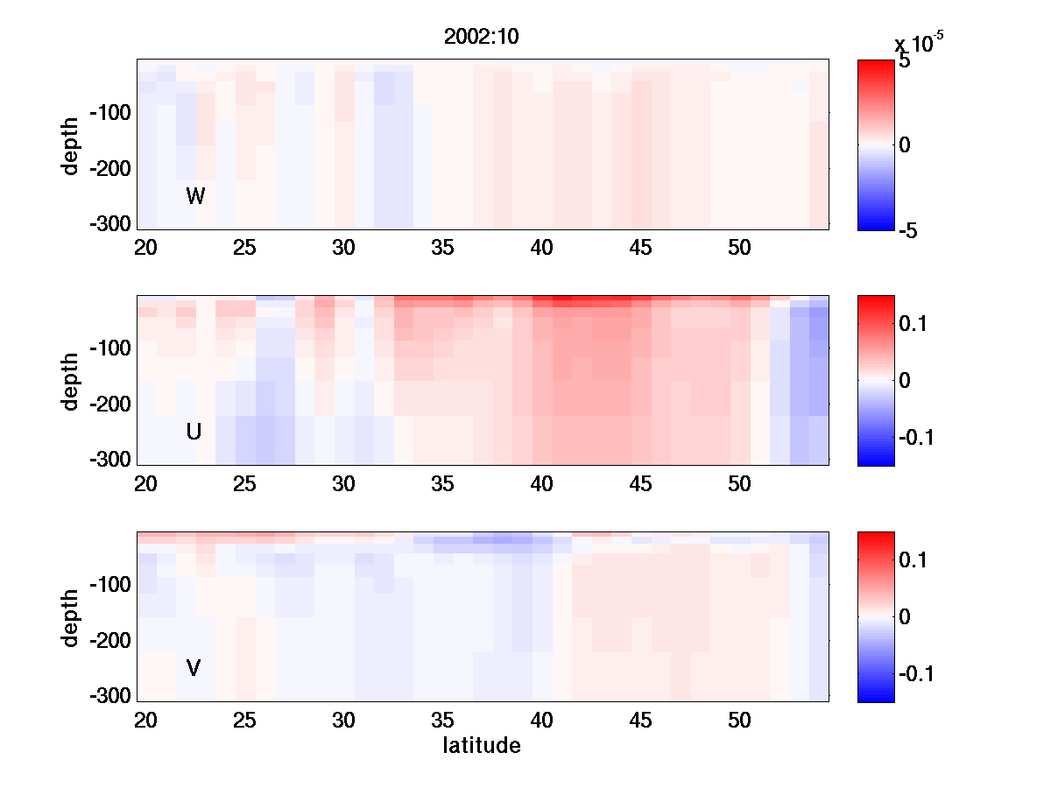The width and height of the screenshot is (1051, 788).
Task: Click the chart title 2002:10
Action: click(x=483, y=38)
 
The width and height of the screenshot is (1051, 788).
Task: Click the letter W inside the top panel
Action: click(x=195, y=196)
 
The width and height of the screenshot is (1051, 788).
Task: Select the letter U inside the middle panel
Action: click(x=194, y=432)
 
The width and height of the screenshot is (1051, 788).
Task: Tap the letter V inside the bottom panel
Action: click(x=194, y=668)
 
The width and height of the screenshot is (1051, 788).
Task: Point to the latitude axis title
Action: click(x=482, y=746)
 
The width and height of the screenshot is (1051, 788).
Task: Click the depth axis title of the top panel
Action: click(x=71, y=145)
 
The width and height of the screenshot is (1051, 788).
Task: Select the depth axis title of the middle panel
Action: click(x=71, y=381)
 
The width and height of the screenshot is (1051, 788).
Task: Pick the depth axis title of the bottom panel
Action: click(x=71, y=617)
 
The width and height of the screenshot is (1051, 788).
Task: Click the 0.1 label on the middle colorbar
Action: click(x=917, y=324)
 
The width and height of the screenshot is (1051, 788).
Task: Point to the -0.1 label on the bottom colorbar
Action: click(x=921, y=674)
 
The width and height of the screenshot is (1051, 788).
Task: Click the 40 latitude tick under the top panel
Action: click(x=542, y=248)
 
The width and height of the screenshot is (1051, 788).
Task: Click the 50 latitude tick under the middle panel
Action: click(x=740, y=484)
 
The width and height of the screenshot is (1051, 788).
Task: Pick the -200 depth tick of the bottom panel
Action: click(x=109, y=641)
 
